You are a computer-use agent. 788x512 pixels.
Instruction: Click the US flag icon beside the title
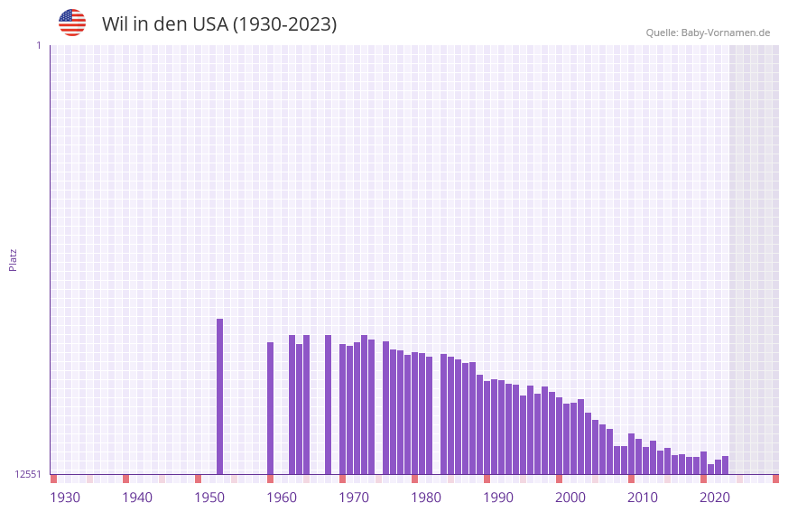(x=72, y=23)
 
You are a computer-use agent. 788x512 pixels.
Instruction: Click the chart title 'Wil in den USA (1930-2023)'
(x=219, y=24)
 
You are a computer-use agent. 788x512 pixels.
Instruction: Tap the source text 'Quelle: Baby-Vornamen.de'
(x=708, y=33)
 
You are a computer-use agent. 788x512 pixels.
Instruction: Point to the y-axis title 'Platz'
(x=13, y=259)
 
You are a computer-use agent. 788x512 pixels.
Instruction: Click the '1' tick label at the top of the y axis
(x=38, y=45)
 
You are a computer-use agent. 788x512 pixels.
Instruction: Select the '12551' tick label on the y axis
(x=27, y=474)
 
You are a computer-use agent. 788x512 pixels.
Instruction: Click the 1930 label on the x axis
(x=65, y=498)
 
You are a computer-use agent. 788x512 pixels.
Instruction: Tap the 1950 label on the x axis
(x=209, y=498)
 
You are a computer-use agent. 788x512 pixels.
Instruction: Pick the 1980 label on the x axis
(x=426, y=498)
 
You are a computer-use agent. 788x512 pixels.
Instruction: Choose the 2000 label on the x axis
(x=570, y=498)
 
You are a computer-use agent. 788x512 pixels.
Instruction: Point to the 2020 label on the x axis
(x=715, y=498)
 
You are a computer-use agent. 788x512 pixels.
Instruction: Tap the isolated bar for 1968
(x=328, y=405)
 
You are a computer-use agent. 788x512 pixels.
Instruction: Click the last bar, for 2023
(x=725, y=465)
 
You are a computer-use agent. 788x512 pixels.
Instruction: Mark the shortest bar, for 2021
(x=710, y=469)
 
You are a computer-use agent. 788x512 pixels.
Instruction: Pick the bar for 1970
(x=342, y=409)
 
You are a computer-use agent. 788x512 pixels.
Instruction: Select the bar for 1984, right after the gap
(x=443, y=414)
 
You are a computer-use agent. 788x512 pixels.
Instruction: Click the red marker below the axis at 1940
(x=125, y=479)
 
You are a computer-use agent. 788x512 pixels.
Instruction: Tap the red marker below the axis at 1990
(x=487, y=479)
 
